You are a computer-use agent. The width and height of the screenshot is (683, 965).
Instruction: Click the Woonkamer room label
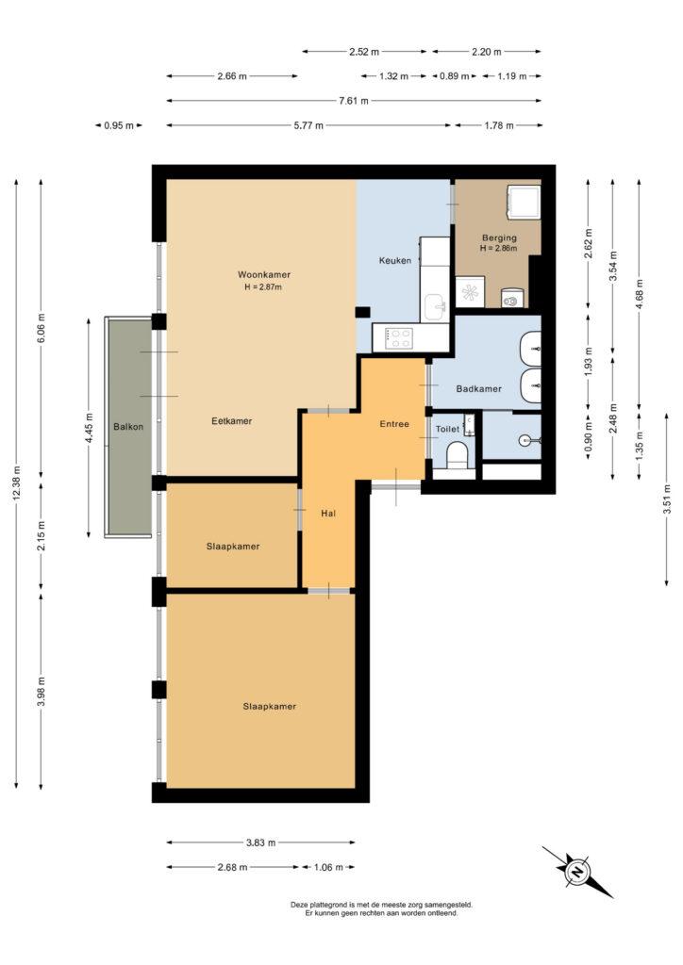pos(263,274)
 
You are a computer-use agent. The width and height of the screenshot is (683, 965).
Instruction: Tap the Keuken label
pos(394,260)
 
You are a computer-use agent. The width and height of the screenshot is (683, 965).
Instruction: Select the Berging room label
pos(499,237)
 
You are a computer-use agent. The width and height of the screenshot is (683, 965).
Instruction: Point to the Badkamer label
pos(478,389)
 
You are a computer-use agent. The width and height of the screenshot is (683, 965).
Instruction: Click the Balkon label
pos(128,427)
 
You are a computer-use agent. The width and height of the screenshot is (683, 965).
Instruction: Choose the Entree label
pos(394,424)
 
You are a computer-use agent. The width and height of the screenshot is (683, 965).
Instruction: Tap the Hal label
pos(328,513)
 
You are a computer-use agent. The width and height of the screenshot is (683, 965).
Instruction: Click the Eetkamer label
pos(231,421)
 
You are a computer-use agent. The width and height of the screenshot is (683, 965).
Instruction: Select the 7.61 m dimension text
pos(354,100)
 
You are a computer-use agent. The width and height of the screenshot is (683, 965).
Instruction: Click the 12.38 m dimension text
pos(16,484)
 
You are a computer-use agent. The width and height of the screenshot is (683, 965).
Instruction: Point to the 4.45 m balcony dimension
pos(90,426)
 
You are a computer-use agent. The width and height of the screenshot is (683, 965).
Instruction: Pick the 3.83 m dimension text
pos(260,842)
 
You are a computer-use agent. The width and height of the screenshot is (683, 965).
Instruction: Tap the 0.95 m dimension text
pos(119,125)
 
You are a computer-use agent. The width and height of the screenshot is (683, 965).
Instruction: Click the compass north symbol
pos(577,872)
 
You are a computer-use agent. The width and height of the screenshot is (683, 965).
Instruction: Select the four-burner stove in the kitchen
pos(399,338)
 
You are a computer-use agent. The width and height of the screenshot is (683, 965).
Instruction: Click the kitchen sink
pos(436,305)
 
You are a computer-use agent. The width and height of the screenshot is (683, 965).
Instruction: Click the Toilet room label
pos(448,429)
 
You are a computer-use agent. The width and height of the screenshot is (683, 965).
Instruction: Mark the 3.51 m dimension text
pos(667,499)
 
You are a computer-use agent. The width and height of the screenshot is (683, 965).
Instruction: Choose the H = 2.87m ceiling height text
pos(263,286)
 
